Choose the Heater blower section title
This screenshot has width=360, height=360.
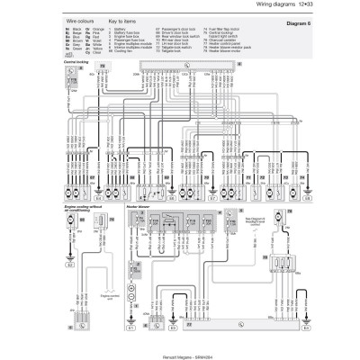[159, 206]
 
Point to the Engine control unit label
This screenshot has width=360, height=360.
[109, 293]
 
